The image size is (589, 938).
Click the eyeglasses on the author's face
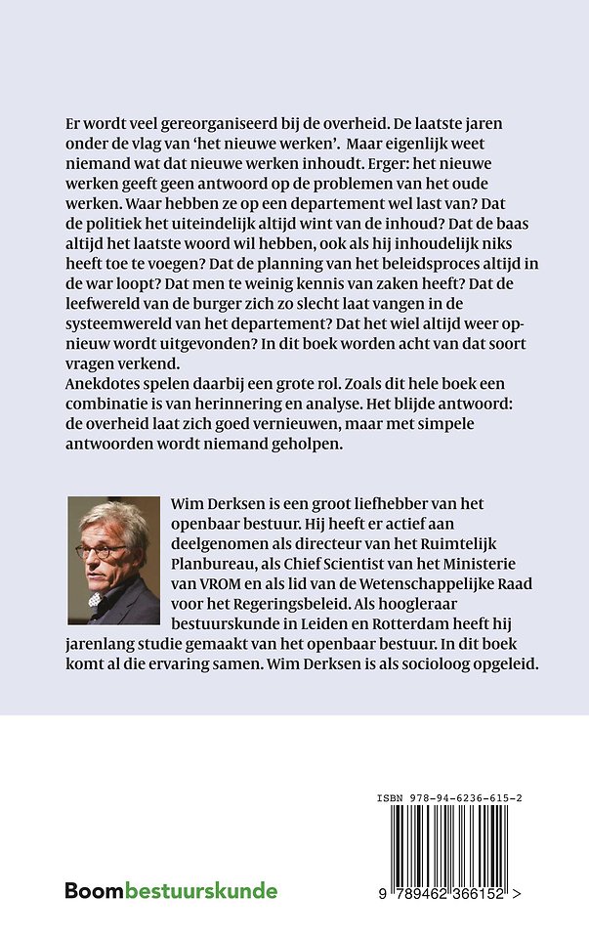[101, 550]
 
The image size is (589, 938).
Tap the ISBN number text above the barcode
[448, 799]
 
